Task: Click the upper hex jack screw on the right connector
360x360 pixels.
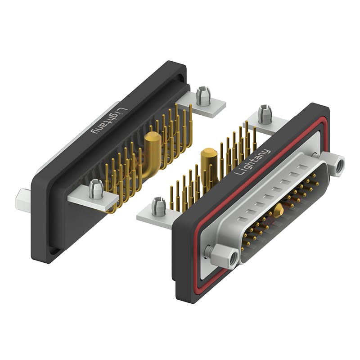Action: click(335, 166)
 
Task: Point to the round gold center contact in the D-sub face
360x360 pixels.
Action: click(279, 208)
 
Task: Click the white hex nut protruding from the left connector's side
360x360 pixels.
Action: click(22, 197)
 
